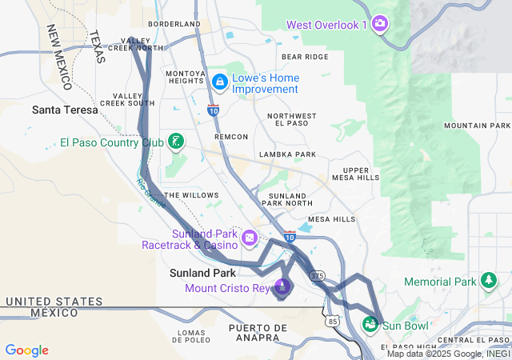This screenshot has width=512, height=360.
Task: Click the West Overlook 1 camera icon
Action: pos(381,22)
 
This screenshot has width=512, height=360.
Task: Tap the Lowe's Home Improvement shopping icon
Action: pos(220,82)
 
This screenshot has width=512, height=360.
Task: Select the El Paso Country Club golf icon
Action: pos(175,142)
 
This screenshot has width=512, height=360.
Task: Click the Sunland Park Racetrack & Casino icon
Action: pos(250,238)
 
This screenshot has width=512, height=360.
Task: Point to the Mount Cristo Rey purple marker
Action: pos(282,286)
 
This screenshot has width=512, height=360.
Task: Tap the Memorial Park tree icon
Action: pos(487,281)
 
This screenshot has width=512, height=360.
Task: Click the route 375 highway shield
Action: pos(318,275)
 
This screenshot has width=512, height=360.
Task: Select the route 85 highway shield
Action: pos(333,321)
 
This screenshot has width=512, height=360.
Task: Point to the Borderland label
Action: pos(174,24)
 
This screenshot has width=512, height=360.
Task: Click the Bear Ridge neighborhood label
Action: pos(304,57)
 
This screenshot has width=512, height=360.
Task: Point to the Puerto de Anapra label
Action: pos(257,334)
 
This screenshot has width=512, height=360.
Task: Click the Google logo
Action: pos(26,350)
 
